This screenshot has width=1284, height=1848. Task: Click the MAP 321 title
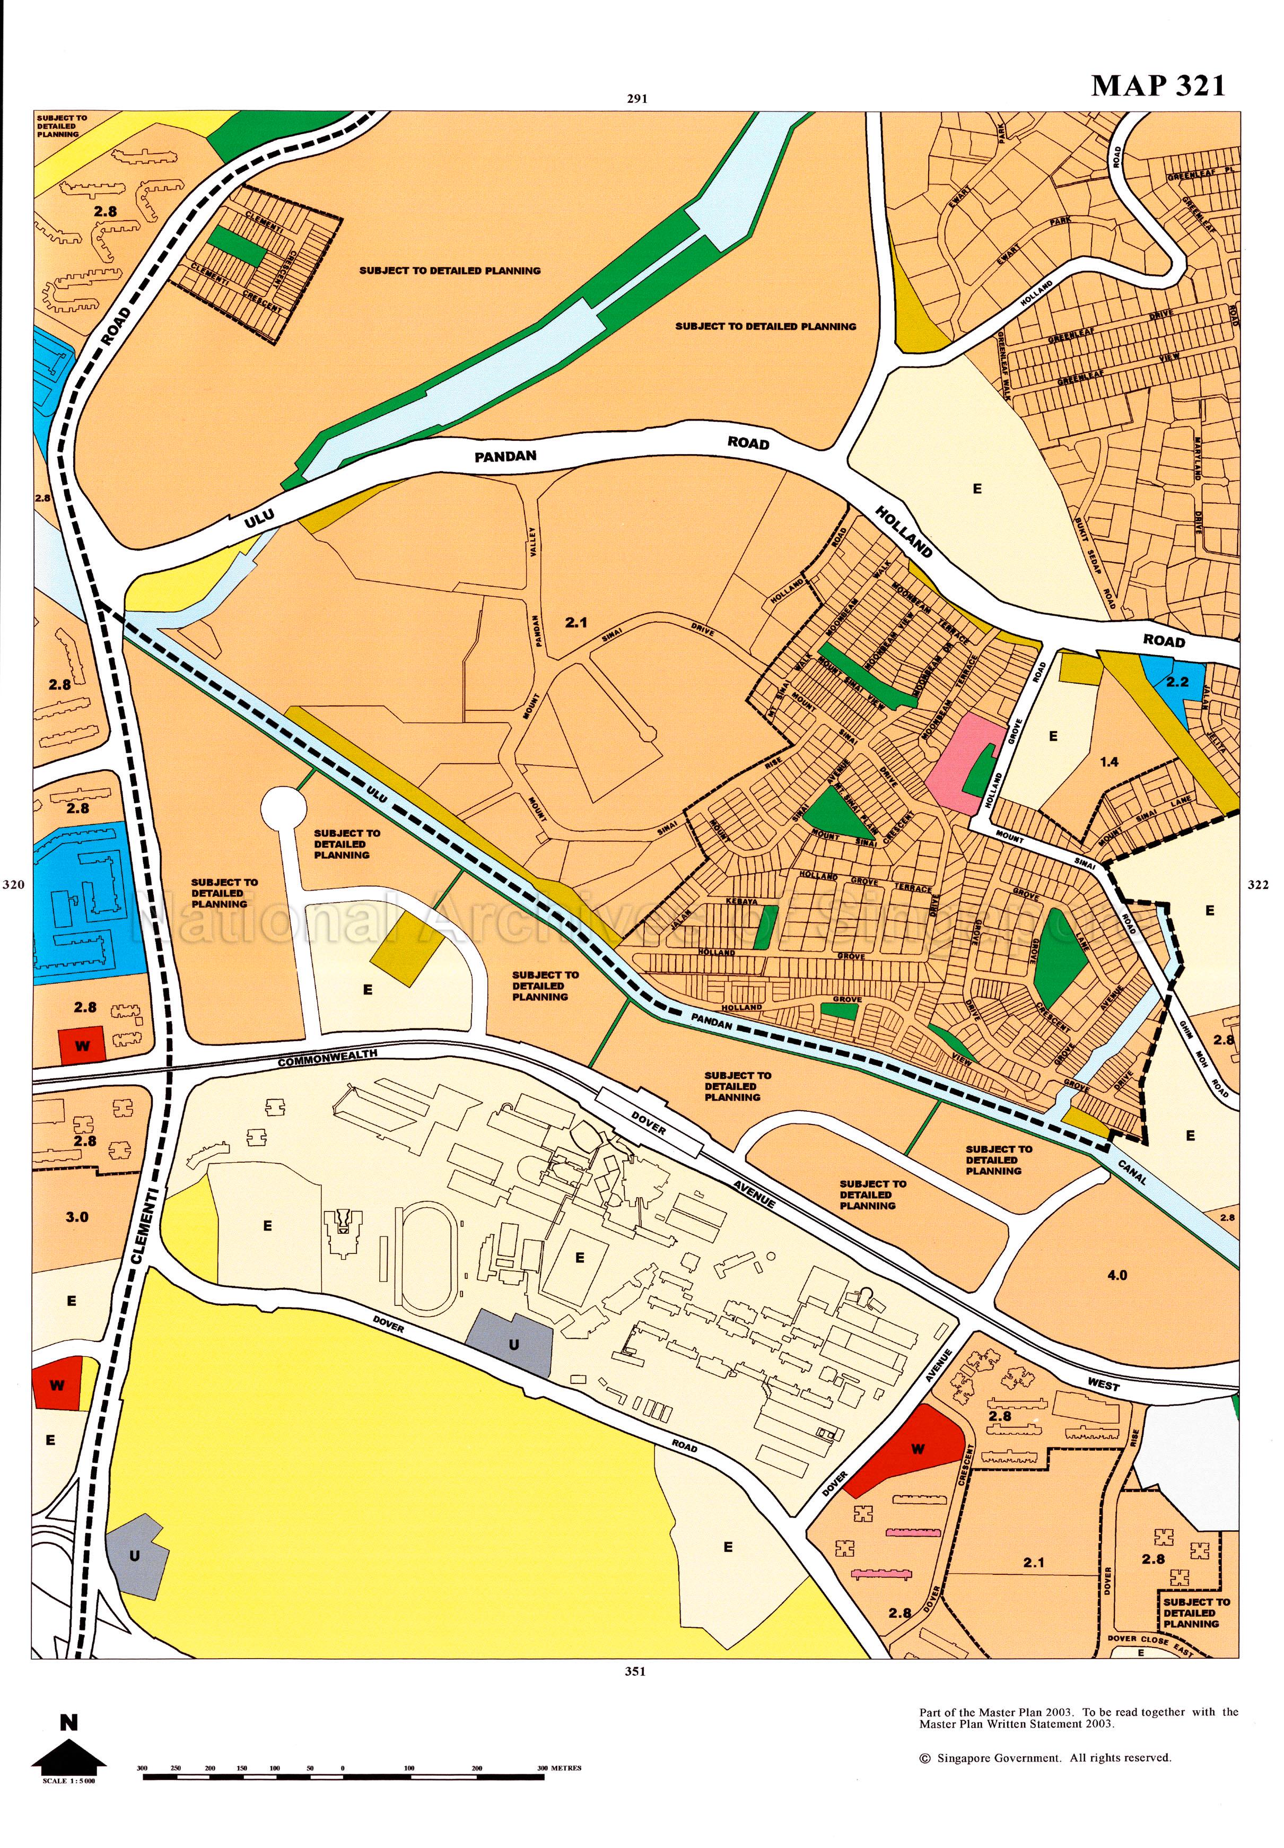[1158, 85]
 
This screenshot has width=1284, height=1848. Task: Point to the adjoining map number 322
[1256, 885]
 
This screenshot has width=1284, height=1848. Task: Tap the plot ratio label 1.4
[1110, 761]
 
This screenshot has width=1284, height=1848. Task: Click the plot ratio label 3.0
[77, 1216]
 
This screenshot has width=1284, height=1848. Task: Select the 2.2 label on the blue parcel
[1177, 682]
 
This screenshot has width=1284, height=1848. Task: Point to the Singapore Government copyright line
[1045, 1774]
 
